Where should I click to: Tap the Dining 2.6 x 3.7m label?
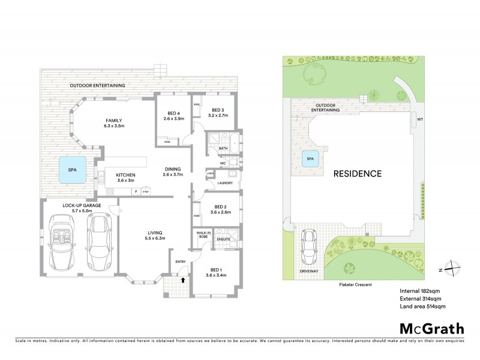tap(173, 173)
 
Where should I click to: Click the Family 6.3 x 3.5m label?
tap(114, 123)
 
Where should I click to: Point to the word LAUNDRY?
tap(225, 183)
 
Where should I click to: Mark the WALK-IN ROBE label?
tap(200, 235)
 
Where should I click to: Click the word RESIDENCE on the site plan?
tap(358, 174)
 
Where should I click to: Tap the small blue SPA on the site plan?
tap(310, 159)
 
